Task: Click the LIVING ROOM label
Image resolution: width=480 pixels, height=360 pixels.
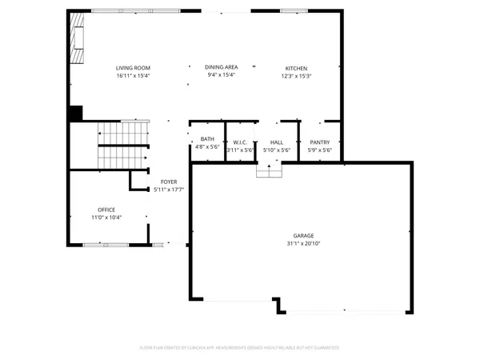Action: [134, 68]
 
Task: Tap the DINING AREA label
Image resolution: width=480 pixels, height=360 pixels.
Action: [222, 68]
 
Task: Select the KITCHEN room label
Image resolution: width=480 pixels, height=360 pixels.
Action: [297, 68]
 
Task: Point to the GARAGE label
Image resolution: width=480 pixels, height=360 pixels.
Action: [302, 236]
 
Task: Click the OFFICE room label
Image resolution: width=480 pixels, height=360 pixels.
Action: [106, 210]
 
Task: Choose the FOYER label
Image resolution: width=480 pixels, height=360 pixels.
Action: [168, 182]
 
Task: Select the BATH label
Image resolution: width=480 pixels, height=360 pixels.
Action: [207, 139]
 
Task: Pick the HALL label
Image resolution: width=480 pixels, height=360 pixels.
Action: [276, 142]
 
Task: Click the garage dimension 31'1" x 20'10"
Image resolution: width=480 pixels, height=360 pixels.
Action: [302, 243]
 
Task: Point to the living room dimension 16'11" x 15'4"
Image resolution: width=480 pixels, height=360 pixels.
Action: [134, 76]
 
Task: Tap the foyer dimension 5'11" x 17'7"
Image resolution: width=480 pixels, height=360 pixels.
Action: [168, 190]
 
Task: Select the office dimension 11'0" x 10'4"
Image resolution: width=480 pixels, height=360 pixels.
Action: [106, 218]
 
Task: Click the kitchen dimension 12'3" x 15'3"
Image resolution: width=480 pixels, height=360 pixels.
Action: [297, 76]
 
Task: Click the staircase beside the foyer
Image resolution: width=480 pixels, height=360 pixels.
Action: [124, 146]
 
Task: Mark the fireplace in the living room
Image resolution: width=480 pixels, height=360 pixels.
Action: [77, 40]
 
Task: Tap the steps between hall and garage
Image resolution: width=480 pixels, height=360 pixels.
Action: [269, 171]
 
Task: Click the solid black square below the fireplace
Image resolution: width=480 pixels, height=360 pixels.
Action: [76, 113]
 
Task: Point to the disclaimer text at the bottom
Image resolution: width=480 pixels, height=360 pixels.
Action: [240, 347]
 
